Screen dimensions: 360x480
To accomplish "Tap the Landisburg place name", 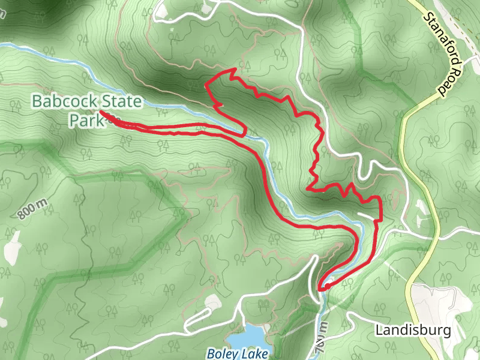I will point(412,330).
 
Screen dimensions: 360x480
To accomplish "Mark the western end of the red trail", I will point(100,112).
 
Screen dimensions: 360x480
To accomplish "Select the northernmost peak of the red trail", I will point(232,70).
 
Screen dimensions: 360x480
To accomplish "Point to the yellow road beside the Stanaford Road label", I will point(414,111).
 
